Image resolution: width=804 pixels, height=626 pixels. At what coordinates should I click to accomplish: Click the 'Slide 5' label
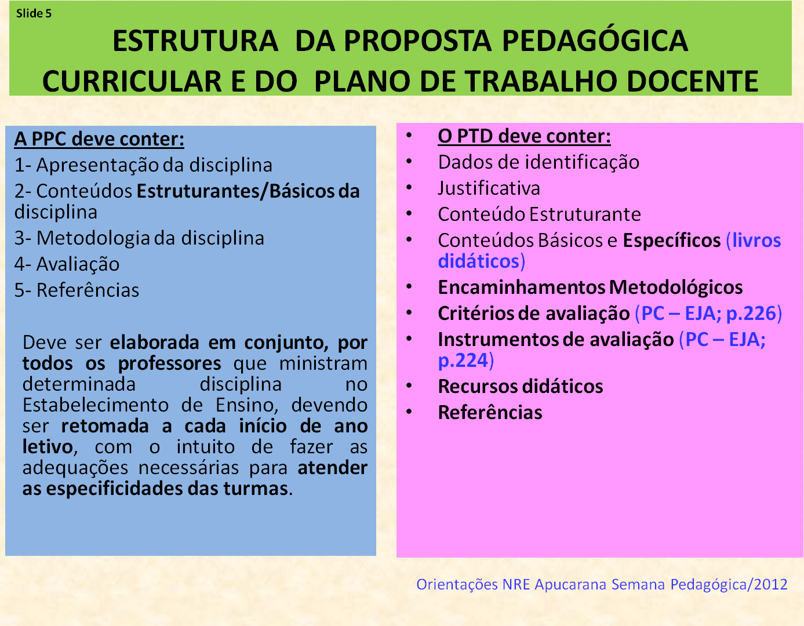pos(34,13)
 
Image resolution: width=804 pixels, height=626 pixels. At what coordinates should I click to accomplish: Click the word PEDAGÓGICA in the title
pos(594,41)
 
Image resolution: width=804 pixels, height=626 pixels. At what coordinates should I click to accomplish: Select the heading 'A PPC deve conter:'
pos(99,139)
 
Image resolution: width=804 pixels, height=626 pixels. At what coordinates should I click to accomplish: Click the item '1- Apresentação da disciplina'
pos(143,165)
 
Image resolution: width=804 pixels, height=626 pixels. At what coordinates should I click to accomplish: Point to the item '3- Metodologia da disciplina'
pos(139,238)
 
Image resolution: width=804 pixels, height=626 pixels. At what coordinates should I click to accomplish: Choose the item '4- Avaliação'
pos(67,264)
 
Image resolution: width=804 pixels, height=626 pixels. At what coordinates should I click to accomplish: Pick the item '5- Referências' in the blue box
pos(77,290)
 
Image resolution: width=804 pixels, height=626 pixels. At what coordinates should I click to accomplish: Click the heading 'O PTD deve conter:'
pos(524,136)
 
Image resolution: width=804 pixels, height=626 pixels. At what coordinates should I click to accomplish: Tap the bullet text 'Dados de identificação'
pos(539,162)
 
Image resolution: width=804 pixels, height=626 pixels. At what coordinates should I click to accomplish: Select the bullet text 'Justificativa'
pos(489,188)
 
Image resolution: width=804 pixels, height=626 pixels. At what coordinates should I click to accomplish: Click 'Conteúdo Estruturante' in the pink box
pos(539,214)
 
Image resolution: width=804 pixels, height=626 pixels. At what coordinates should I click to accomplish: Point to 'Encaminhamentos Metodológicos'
pos(590,287)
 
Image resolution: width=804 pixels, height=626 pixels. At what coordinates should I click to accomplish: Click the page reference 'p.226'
pos(751,314)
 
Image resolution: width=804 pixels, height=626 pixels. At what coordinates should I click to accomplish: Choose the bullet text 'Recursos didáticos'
pos(521,387)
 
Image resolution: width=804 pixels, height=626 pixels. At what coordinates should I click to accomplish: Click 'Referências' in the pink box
pos(490,413)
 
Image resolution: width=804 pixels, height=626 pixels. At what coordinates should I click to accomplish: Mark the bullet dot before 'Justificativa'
pos(409,188)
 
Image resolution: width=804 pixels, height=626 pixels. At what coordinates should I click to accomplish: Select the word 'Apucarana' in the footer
pos(570,584)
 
